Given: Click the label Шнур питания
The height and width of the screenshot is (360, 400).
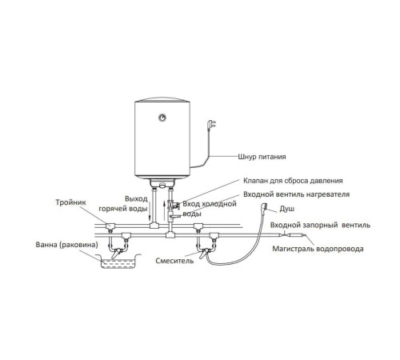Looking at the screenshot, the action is (262, 157).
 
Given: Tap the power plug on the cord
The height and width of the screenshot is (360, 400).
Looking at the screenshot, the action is (211, 125).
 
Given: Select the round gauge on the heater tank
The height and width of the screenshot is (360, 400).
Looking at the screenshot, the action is (162, 118).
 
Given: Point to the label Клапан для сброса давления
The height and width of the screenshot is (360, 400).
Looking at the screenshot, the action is (293, 181).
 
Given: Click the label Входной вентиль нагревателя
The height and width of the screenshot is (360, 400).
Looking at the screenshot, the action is (296, 194).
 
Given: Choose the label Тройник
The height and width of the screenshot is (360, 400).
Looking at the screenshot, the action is (70, 202).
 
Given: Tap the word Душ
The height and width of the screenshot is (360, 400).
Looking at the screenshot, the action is (286, 209).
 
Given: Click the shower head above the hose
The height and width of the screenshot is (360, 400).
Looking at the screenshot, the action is (265, 207).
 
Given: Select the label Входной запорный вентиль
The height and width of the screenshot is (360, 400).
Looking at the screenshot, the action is (320, 225).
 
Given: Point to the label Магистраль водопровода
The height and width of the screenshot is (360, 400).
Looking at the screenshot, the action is (318, 249).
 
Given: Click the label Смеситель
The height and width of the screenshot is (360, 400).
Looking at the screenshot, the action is (174, 261).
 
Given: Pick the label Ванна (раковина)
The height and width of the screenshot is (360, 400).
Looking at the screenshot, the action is (66, 245).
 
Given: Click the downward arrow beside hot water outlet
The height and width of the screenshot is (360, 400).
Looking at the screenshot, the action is (149, 210).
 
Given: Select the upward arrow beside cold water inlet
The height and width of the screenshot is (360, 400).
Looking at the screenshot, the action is (164, 210).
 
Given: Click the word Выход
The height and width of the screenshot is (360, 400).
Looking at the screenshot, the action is (136, 199).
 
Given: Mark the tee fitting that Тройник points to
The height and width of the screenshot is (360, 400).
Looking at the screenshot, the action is (110, 226).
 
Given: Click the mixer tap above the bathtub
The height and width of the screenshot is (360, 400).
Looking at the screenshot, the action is (117, 252).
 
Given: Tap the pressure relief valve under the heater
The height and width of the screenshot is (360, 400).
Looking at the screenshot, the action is (173, 205).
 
